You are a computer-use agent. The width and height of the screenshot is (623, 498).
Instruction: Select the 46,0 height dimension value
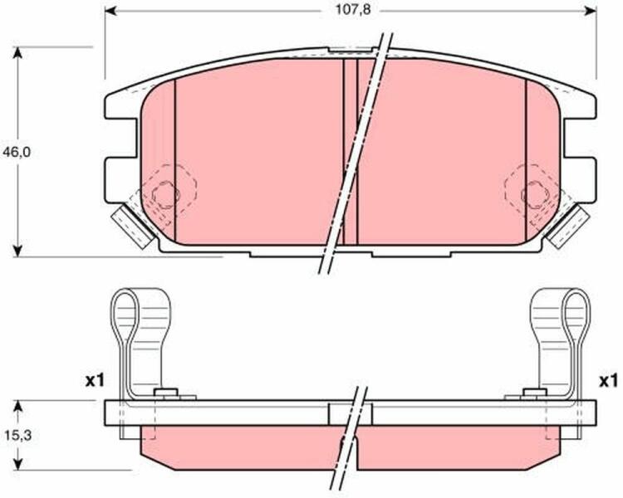[17, 152]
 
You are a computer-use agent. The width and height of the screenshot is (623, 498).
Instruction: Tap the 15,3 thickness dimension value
[18, 436]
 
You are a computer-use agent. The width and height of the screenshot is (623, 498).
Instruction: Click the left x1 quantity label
[95, 382]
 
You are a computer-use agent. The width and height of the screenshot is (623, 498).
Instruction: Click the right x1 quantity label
[608, 382]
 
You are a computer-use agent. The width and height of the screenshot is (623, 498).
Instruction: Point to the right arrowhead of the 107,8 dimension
[591, 11]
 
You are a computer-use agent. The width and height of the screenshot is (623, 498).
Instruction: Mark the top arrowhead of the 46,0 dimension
[17, 53]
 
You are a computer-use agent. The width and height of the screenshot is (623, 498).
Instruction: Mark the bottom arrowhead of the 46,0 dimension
[17, 251]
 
